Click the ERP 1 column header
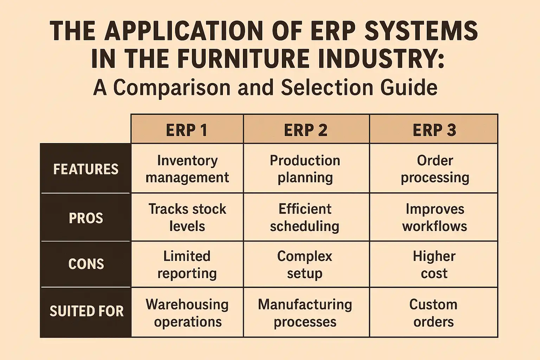[x=187, y=130]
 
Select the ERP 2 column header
[x=306, y=130]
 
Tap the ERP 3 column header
[x=434, y=130]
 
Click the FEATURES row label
[x=86, y=169]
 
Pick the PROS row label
[x=86, y=218]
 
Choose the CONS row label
[x=86, y=264]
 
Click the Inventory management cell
[x=187, y=169]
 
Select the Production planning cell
[x=305, y=169]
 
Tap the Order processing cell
[x=435, y=169]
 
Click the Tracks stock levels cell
[x=187, y=217]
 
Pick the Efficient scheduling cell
[x=305, y=217]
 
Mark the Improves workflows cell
[x=435, y=217]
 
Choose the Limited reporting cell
[x=187, y=264]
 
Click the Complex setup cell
[x=305, y=264]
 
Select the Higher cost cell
[x=434, y=264]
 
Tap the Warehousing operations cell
[x=187, y=313]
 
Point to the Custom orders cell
[x=433, y=313]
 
